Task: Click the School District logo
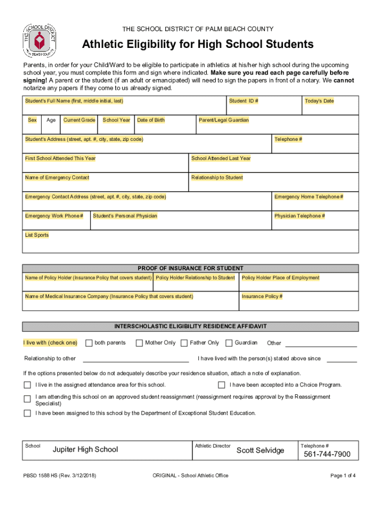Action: [39, 40]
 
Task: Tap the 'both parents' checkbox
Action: [89, 343]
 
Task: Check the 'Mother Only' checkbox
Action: [140, 343]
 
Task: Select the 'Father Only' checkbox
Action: [184, 343]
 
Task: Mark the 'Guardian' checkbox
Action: [229, 343]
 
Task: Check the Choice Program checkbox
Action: [222, 385]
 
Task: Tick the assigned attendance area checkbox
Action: [28, 385]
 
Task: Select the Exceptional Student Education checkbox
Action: [28, 413]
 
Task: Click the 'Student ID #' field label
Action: [243, 101]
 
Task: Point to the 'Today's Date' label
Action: [319, 101]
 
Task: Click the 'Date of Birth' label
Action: [151, 120]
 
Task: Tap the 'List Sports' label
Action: [37, 235]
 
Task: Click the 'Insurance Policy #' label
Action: [262, 296]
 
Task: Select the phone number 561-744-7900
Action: [327, 454]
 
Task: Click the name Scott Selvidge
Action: [260, 450]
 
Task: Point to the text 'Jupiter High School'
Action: [85, 449]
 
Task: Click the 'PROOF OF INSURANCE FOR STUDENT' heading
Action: [190, 268]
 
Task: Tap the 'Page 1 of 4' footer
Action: [343, 476]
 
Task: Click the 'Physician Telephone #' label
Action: [299, 216]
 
